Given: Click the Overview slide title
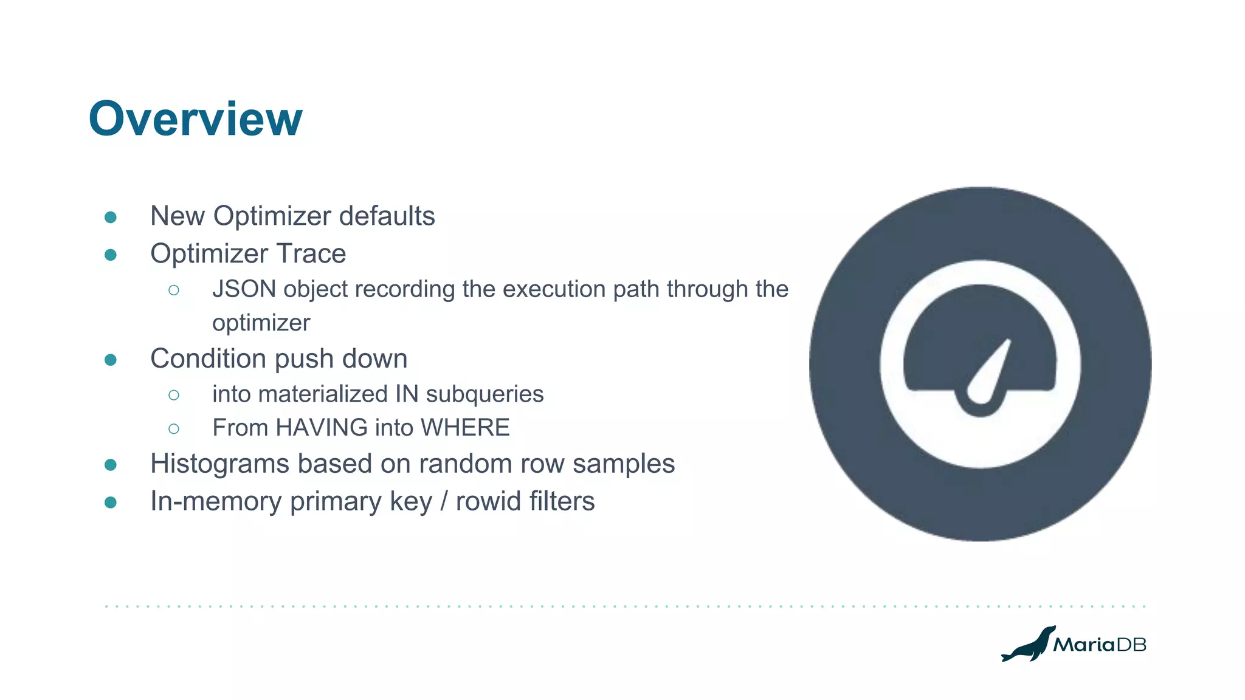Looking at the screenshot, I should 195,119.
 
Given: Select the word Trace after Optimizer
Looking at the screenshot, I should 311,253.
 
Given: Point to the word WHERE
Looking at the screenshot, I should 465,428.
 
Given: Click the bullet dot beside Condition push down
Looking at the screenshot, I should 111,360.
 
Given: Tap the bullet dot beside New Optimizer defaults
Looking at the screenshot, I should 111,218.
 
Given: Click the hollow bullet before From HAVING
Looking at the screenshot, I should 174,429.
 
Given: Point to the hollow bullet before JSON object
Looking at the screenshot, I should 174,290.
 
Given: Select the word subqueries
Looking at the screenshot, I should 485,394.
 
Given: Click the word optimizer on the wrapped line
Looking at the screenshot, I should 261,323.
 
